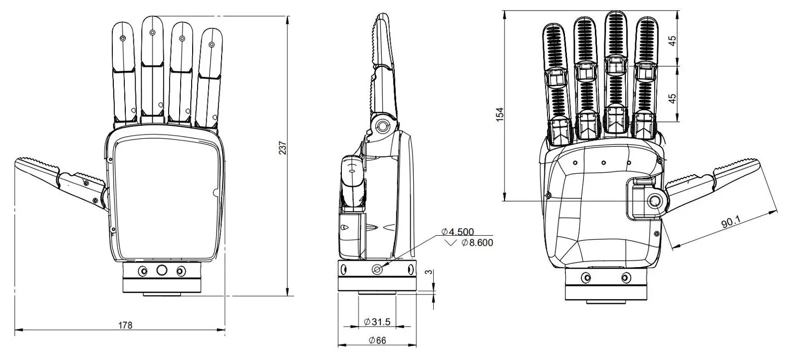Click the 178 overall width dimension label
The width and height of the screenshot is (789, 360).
point(125,325)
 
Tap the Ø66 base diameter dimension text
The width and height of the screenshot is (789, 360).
point(377,341)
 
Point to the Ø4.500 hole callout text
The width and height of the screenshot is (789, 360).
point(458,232)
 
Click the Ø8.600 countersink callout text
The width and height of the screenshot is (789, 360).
point(477,243)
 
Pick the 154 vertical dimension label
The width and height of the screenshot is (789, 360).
point(500,114)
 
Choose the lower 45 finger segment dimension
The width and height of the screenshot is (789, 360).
point(672,98)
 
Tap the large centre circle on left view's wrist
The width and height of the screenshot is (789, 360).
point(162,271)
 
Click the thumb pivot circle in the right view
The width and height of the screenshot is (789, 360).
point(655,201)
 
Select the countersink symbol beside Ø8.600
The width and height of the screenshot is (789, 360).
point(451,243)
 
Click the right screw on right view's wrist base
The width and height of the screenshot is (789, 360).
point(625,278)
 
